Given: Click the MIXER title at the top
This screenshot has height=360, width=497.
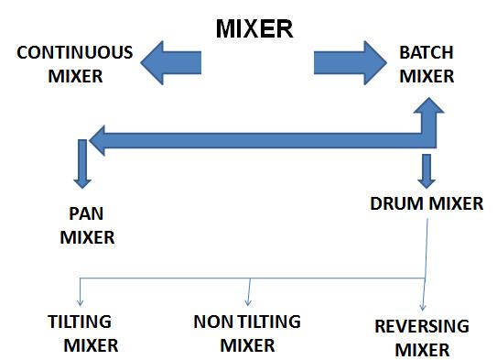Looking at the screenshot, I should point(254,28).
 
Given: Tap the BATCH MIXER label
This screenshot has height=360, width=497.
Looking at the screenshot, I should point(427,65).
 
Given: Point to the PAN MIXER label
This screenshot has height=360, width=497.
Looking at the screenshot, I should point(87,227).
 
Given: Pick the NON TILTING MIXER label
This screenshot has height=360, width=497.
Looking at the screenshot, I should point(248,333).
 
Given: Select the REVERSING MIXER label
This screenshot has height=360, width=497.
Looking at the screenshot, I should point(422,337).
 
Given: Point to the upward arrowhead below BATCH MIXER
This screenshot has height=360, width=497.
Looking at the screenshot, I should point(427,115).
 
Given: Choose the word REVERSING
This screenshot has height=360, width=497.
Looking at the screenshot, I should point(422,326).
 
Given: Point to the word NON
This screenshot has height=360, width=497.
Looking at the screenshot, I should point(213,322).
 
